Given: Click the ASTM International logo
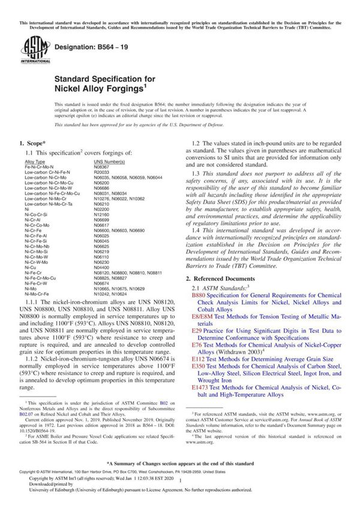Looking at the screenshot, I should click(x=29, y=47).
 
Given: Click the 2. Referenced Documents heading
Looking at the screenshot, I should click(x=222, y=279).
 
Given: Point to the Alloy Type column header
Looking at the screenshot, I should click(x=35, y=162).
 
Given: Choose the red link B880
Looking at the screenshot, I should click(x=198, y=296).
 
